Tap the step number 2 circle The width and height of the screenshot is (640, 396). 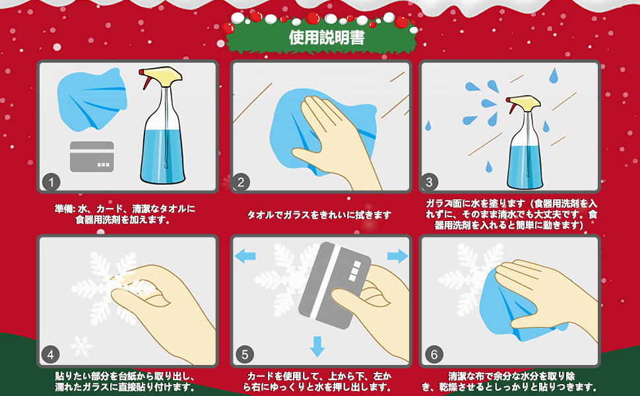pyautogui.click(x=243, y=181)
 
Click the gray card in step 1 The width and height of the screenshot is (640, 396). pyautogui.click(x=92, y=156)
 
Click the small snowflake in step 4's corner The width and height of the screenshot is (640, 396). pyautogui.click(x=80, y=345)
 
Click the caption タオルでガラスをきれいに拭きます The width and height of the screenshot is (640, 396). pyautogui.click(x=319, y=215)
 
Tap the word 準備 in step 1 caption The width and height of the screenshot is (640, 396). pyautogui.click(x=65, y=209)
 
